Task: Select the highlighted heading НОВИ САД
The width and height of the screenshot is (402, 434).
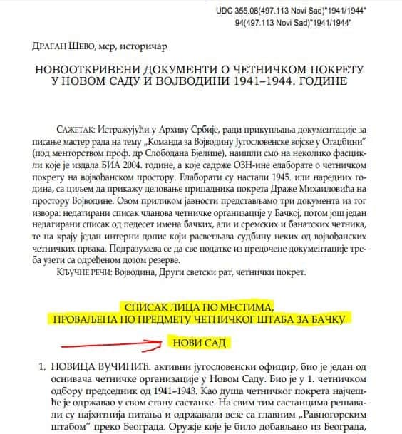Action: pos(200,344)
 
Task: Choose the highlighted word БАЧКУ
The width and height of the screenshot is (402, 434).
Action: pos(335,319)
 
